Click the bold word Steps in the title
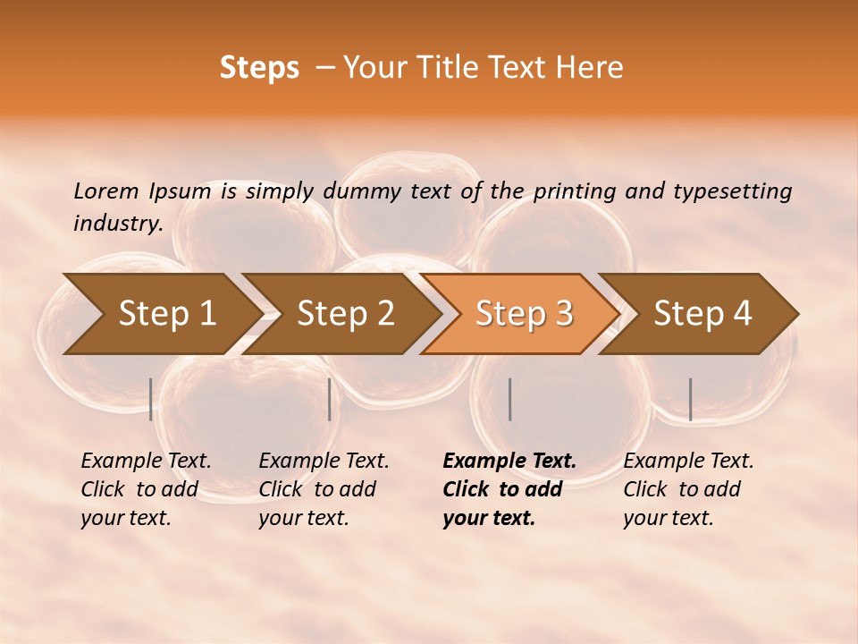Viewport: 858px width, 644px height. (x=259, y=68)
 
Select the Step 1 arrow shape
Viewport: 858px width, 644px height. (x=161, y=314)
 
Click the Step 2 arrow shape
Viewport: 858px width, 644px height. (x=345, y=314)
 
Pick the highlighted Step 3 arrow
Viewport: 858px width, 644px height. (x=524, y=314)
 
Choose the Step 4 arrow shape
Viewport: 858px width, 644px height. (x=702, y=314)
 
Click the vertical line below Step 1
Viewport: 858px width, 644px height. (x=151, y=399)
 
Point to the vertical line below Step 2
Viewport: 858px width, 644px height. (x=330, y=399)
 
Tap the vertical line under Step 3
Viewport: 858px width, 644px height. (x=509, y=399)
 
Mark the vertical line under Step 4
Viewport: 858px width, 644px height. (x=690, y=399)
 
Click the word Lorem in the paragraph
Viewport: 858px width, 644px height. (x=105, y=191)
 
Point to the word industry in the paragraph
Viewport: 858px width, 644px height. (x=118, y=223)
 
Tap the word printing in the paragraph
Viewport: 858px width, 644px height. (x=562, y=191)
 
